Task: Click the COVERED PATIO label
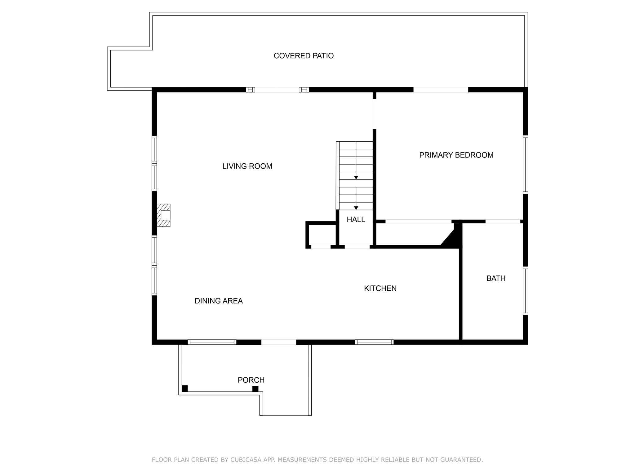(304, 56)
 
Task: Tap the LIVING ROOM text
(247, 166)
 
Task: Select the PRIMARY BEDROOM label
(456, 155)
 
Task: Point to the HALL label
(356, 219)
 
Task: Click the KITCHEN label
(380, 288)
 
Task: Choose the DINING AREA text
(219, 301)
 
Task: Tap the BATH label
(496, 278)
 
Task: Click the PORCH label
(251, 380)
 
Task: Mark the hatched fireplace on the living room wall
(163, 215)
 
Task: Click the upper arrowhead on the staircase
(356, 178)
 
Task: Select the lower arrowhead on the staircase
(356, 208)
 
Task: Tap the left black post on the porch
(185, 388)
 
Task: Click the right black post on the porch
(255, 389)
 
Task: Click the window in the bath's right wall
(525, 291)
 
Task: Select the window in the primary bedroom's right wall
(525, 165)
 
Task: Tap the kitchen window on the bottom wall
(374, 342)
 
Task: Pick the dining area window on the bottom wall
(212, 342)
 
